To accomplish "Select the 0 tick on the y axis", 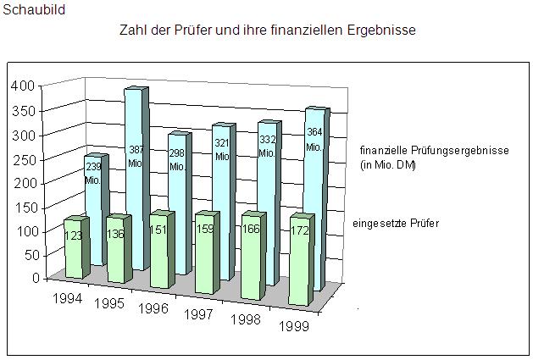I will point(36,278).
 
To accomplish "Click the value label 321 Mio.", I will point(222,150).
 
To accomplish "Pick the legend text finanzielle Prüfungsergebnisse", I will point(433,150).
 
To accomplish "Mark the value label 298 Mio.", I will point(177,160).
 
